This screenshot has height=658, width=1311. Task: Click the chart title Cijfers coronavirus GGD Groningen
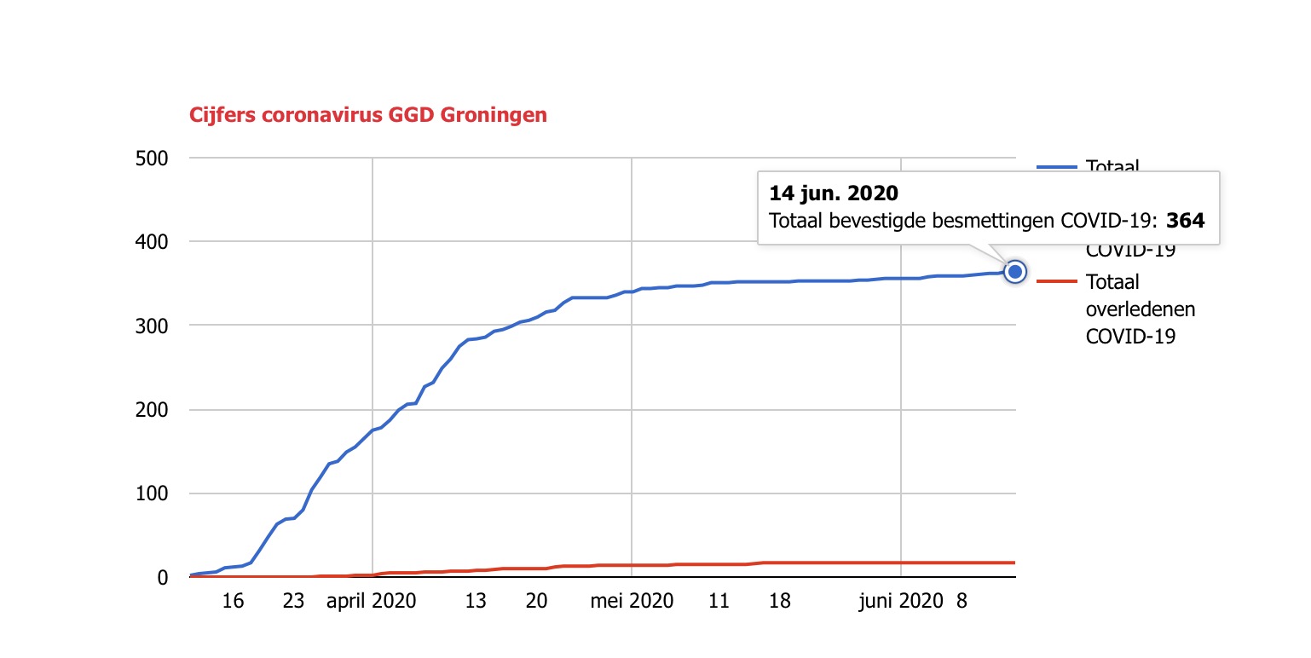click(x=367, y=115)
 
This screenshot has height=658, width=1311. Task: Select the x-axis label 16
click(x=233, y=601)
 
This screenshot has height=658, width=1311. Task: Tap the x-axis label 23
click(x=293, y=601)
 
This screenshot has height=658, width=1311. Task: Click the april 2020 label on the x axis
click(x=372, y=601)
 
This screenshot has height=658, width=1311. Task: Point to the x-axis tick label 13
click(x=476, y=601)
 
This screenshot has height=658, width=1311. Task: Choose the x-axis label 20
click(x=536, y=601)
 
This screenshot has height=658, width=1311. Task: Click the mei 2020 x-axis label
click(x=632, y=601)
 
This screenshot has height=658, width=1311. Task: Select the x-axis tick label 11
click(x=719, y=601)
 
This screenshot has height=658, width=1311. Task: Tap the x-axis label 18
click(x=779, y=601)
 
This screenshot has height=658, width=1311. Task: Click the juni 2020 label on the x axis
click(x=901, y=601)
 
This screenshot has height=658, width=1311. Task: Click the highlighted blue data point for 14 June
click(x=1014, y=272)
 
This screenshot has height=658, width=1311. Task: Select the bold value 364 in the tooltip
click(x=1186, y=221)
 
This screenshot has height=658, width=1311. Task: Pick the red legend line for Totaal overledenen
click(x=1057, y=281)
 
